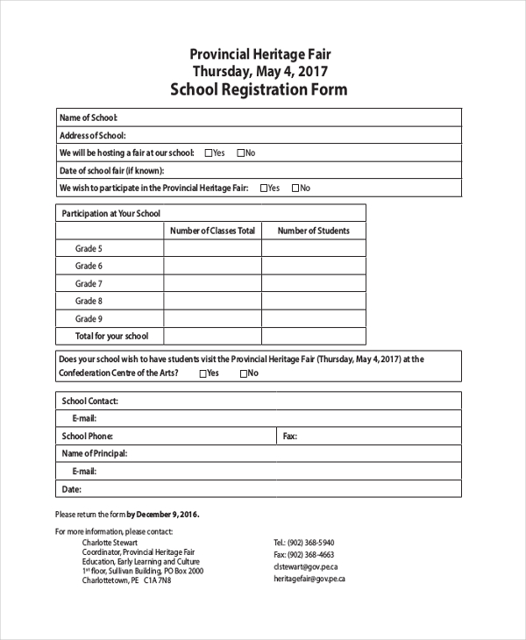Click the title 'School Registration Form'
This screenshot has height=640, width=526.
click(259, 89)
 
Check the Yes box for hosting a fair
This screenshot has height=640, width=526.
click(209, 153)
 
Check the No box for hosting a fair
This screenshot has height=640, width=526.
click(240, 153)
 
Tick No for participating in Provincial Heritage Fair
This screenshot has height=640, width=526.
click(295, 188)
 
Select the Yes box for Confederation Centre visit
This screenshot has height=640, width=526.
click(203, 373)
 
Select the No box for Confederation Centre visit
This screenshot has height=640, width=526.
click(243, 373)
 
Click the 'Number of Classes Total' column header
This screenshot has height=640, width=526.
click(212, 231)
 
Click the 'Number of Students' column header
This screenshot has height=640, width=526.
click(313, 231)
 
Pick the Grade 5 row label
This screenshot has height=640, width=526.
click(89, 249)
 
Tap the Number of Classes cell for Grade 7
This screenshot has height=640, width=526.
click(212, 284)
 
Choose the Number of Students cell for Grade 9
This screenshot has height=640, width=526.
click(313, 319)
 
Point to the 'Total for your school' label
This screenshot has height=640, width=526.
click(111, 336)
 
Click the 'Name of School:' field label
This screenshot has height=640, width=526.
click(88, 117)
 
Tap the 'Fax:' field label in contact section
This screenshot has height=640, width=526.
click(289, 436)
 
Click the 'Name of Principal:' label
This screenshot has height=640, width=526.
click(94, 453)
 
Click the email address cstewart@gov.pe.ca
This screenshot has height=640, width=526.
click(302, 566)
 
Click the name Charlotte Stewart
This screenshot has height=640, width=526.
click(111, 543)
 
